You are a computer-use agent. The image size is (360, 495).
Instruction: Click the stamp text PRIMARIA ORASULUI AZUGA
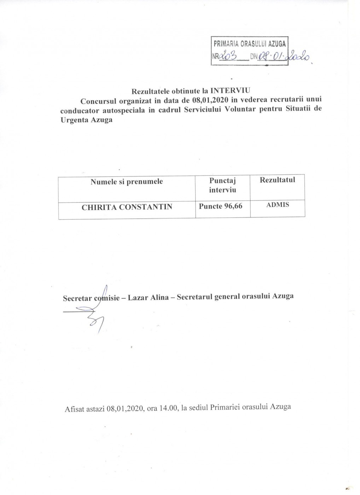(x=250, y=45)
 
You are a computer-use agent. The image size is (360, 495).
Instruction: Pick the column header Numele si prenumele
(x=127, y=182)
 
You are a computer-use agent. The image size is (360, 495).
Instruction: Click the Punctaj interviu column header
(x=222, y=185)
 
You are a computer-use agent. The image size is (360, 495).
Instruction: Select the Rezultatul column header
(x=277, y=180)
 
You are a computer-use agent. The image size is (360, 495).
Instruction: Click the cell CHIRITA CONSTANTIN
(x=127, y=207)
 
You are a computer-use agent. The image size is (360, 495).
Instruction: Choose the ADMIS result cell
(x=277, y=204)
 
